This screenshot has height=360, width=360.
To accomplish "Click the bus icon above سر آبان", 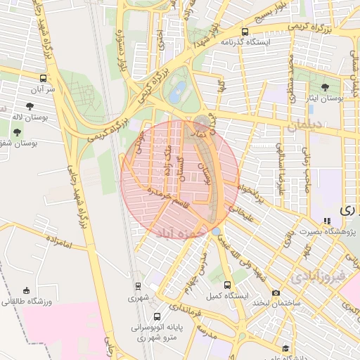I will [44, 79].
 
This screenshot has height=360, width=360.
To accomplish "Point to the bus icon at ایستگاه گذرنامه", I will [245, 32].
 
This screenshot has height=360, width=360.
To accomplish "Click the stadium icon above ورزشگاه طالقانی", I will [27, 290].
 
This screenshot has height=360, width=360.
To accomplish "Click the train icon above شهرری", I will [138, 286].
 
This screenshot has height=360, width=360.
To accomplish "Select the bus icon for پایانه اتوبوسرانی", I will [156, 316].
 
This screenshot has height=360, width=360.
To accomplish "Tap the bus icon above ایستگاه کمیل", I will [227, 285].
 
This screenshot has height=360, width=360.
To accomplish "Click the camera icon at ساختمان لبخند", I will [276, 292].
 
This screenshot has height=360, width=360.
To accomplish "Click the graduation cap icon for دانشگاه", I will [285, 348].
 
